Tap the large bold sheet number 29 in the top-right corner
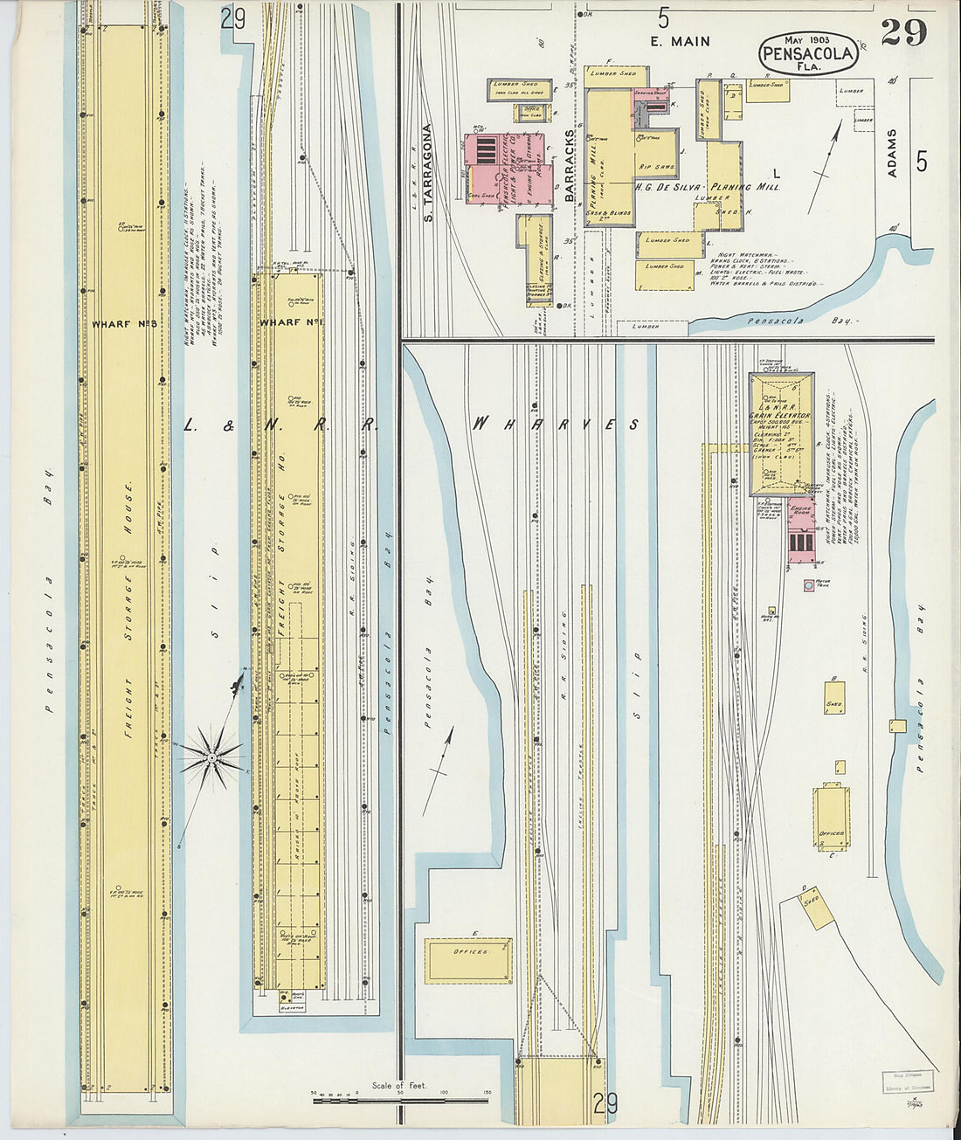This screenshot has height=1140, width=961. pyautogui.click(x=903, y=32)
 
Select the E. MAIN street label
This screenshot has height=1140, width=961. pyautogui.click(x=679, y=41)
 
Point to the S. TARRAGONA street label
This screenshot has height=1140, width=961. pyautogui.click(x=428, y=172)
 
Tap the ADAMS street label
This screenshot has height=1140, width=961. pyautogui.click(x=892, y=154)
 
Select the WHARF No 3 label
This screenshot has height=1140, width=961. pyautogui.click(x=123, y=324)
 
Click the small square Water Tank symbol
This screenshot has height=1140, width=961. pyautogui.click(x=811, y=585)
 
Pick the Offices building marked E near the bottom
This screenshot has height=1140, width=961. pyautogui.click(x=467, y=960)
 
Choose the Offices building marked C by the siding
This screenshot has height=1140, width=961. pyautogui.click(x=832, y=820)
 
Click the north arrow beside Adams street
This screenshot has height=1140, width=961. pyautogui.click(x=826, y=166)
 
